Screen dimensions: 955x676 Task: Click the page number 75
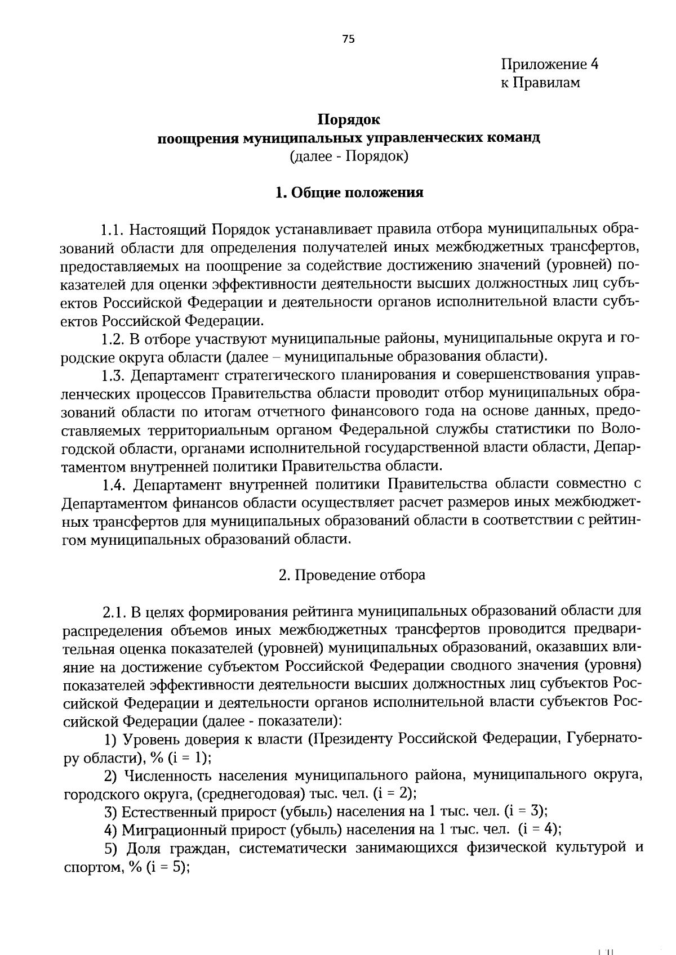pyautogui.click(x=349, y=39)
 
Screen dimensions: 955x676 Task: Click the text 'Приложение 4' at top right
pyautogui.click(x=549, y=64)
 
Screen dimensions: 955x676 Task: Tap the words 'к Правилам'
pyautogui.click(x=540, y=83)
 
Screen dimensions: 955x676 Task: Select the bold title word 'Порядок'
pyautogui.click(x=349, y=119)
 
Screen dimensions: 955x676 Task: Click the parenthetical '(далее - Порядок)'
pyautogui.click(x=349, y=155)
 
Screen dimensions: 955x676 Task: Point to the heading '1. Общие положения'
pyautogui.click(x=349, y=192)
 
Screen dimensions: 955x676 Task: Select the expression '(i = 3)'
pyautogui.click(x=527, y=811)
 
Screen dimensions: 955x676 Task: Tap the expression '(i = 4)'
pyautogui.click(x=540, y=829)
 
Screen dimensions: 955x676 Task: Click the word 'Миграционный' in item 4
pyautogui.click(x=171, y=830)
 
